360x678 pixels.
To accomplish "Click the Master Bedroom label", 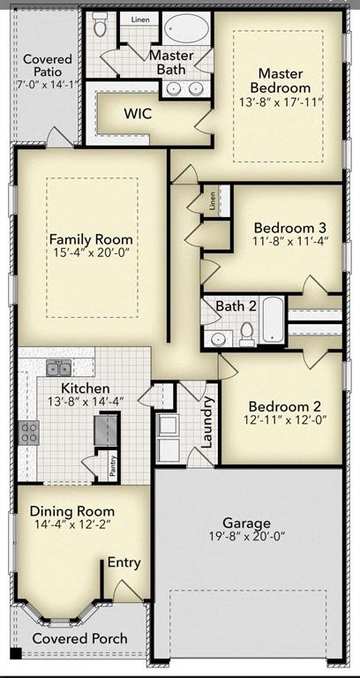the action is pos(281,80).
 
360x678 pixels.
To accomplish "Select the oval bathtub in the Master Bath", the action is pos(186,28).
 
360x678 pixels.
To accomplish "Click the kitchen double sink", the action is pos(59,367).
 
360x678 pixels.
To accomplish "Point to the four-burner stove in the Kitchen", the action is pos(29,433).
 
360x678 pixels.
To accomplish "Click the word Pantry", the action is pos(113,466).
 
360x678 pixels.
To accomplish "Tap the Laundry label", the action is pos(208,423).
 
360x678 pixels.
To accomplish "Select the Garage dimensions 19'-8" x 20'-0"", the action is pos(247,537).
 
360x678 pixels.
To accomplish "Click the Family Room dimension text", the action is pos(91,252).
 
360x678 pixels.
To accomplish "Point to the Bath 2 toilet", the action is pos(247,335).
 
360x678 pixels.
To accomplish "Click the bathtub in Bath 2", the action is pos(274,320).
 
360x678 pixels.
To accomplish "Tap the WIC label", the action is pos(138,114).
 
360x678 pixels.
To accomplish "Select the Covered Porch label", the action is pos(80,638).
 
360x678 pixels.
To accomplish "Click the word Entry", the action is pos(124,562).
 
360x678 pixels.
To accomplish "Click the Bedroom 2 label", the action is pos(285,406).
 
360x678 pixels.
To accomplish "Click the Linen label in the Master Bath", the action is pos(140,20).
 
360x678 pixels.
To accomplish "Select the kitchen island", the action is pos(106,429).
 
